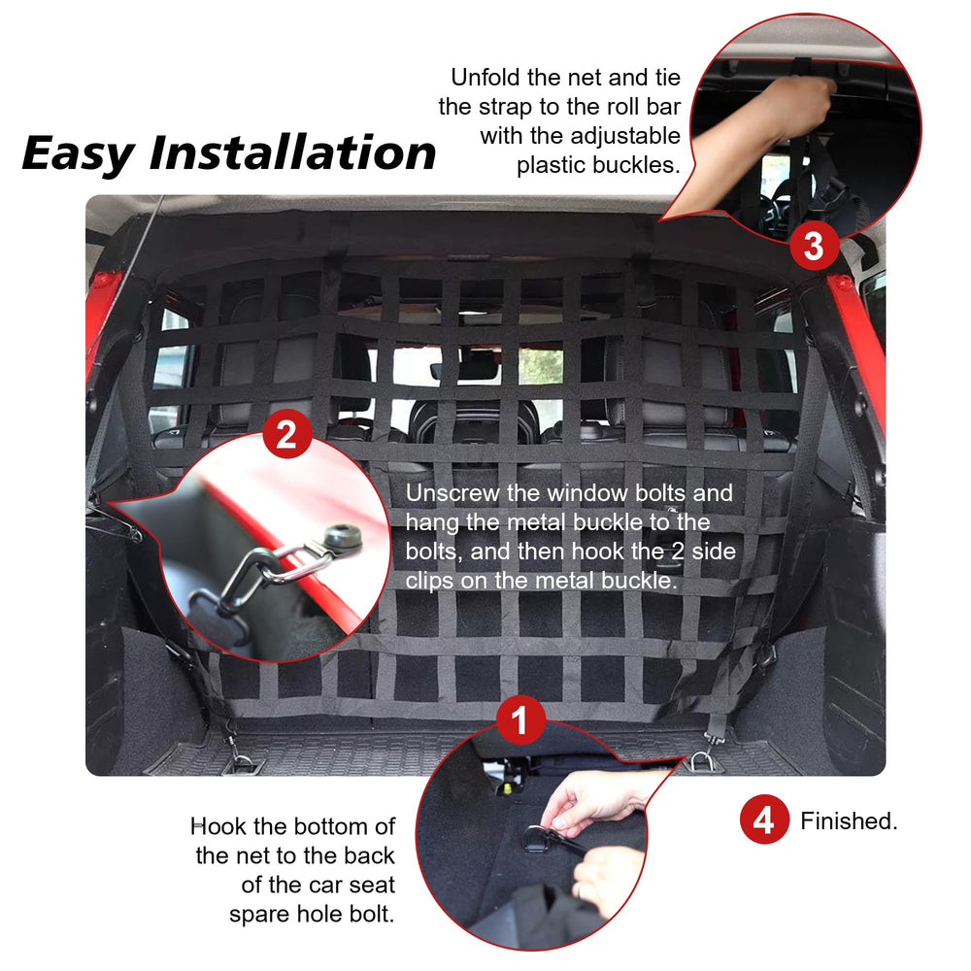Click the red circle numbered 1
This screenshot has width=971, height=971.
tap(520, 720)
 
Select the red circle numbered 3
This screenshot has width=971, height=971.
tap(814, 246)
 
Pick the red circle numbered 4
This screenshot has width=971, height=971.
tap(764, 820)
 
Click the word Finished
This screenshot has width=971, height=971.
tap(849, 821)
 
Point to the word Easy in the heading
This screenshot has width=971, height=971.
tap(78, 153)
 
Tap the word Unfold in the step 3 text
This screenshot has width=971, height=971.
tap(485, 78)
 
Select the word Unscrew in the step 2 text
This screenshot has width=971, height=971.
tap(452, 493)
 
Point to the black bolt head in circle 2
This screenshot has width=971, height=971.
tap(343, 536)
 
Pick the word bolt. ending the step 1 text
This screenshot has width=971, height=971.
tap(372, 914)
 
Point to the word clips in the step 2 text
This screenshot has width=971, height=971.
tap(430, 581)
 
